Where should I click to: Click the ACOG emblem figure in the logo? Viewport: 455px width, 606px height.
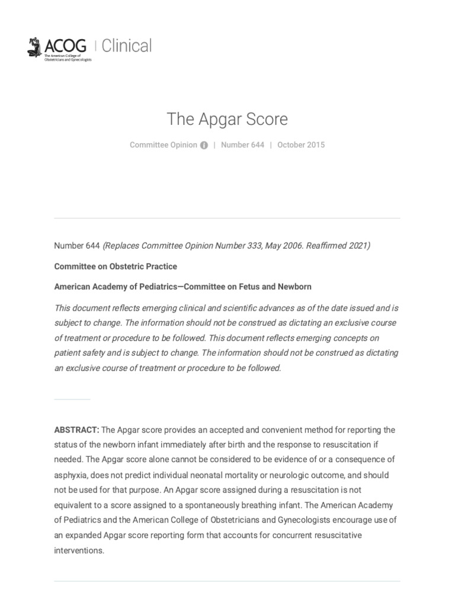coord(35,47)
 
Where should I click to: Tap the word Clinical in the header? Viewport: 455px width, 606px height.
coord(126,46)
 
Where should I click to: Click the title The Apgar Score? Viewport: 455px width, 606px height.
coord(227,119)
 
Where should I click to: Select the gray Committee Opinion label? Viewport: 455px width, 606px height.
coord(164,145)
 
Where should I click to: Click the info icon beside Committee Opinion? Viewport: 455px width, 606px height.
coord(204,146)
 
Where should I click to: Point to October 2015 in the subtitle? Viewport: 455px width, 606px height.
coord(301,145)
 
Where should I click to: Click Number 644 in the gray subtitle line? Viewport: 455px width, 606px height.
coord(242,145)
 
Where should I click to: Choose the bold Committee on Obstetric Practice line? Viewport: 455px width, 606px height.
coord(116,266)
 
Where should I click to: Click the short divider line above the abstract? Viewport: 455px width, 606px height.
coord(72,399)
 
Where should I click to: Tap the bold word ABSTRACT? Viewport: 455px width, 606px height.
coord(76,430)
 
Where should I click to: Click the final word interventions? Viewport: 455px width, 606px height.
coord(79,550)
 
